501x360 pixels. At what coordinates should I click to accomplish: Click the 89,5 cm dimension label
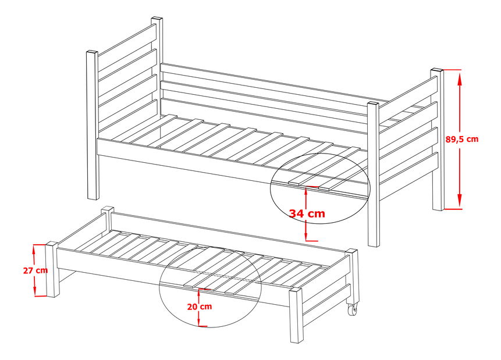click(x=462, y=139)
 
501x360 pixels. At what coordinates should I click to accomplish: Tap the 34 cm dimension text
click(x=307, y=213)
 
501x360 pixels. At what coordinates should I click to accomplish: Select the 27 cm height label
click(x=35, y=270)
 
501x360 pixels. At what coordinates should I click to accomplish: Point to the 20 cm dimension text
click(x=200, y=306)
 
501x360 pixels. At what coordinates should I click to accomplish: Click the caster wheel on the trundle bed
click(x=352, y=310)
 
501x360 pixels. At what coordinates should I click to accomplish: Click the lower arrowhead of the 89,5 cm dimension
click(x=460, y=201)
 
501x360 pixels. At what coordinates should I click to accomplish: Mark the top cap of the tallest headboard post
click(x=157, y=19)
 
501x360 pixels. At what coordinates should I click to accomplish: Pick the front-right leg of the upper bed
click(x=373, y=174)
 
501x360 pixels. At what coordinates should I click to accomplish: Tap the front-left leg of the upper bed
click(x=92, y=125)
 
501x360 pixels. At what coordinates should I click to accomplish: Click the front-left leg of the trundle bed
click(x=51, y=270)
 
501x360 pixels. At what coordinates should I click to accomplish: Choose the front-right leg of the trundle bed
click(x=296, y=315)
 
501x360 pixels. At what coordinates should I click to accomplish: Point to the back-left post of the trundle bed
click(x=108, y=219)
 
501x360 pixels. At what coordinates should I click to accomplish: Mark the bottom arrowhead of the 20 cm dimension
click(x=199, y=322)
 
